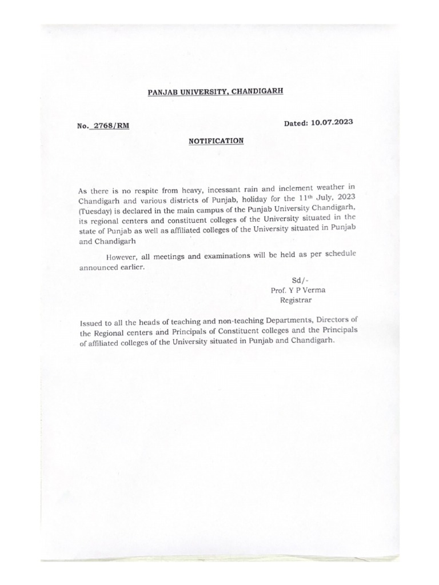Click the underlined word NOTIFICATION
coord(216,141)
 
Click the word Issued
coord(91,323)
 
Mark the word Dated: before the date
coord(297,123)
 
